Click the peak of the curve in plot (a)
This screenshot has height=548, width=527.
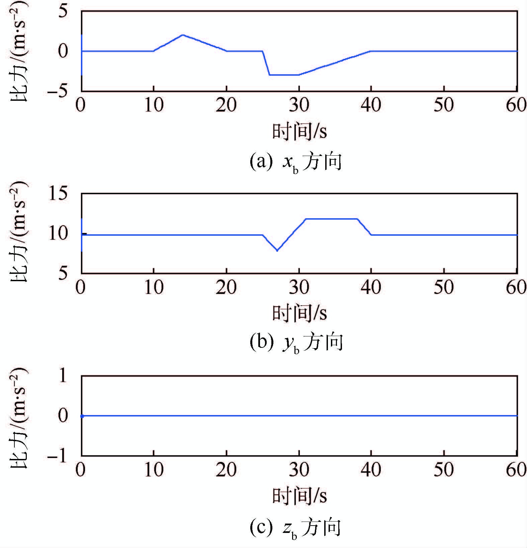(x=182, y=35)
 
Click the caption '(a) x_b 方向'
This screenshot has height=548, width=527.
(x=295, y=162)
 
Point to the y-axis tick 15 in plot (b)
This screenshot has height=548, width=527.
(x=58, y=194)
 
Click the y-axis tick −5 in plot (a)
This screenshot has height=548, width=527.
(x=58, y=91)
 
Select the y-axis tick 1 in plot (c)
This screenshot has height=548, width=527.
(x=63, y=376)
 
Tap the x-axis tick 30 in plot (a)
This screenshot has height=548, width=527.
(x=299, y=105)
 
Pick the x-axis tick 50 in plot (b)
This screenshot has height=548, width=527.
(x=444, y=288)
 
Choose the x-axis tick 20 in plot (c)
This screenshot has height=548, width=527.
(x=226, y=470)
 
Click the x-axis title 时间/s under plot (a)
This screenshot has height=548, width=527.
(x=299, y=131)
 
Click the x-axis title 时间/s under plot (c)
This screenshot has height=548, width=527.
(x=299, y=496)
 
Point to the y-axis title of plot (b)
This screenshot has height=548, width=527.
(x=19, y=232)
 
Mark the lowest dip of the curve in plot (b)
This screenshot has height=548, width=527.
(x=277, y=250)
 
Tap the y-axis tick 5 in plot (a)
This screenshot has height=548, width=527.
(x=63, y=12)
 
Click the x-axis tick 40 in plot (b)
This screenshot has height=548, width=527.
(x=371, y=288)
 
